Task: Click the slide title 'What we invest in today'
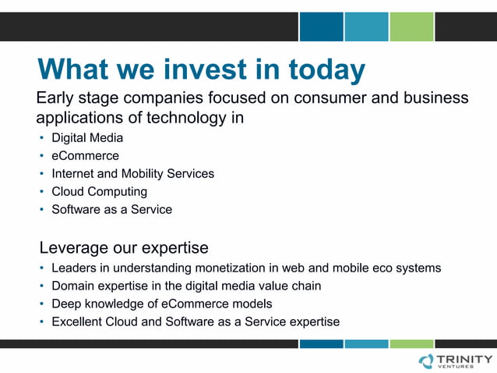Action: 201,69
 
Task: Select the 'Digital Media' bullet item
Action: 87,138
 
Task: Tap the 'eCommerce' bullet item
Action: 85,156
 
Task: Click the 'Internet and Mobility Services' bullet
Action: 132,173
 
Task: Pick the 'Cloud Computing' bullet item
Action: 99,191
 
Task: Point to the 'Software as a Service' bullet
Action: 111,209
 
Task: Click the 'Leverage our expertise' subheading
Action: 124,248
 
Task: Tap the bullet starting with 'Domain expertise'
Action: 186,286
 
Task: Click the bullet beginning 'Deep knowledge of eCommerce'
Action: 161,304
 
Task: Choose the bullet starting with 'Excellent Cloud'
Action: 196,321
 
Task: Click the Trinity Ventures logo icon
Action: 426,361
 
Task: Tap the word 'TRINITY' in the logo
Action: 465,358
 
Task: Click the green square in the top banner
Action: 411,27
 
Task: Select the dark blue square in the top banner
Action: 321,27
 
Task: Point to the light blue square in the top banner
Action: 366,27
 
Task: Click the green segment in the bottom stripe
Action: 411,343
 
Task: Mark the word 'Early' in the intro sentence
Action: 57,98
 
